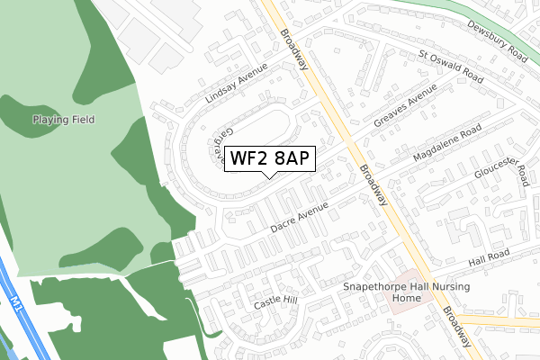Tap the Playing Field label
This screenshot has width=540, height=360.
click(64, 119)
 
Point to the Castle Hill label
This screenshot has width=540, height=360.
click(274, 302)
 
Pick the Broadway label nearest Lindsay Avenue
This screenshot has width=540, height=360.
click(295, 49)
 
